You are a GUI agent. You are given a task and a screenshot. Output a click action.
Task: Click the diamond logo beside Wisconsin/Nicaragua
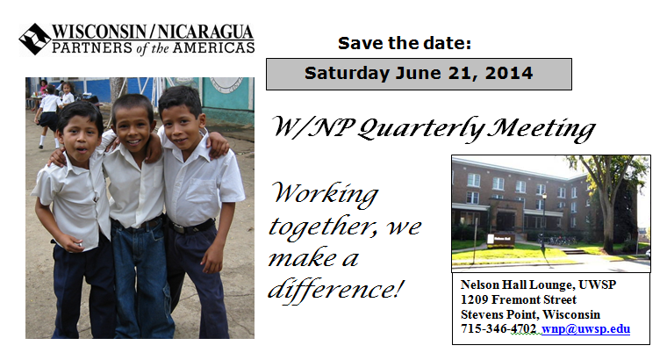click(35, 40)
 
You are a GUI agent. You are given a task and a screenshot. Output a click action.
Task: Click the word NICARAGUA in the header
click(206, 32)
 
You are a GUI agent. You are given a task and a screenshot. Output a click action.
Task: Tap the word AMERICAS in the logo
click(213, 47)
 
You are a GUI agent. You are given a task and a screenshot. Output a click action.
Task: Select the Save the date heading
click(405, 43)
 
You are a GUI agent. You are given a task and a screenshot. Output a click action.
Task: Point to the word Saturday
click(347, 74)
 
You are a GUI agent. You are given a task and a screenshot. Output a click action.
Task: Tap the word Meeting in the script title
click(541, 129)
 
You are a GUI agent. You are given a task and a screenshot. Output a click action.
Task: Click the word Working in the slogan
click(326, 194)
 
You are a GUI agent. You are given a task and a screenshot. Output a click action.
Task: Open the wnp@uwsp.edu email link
click(585, 329)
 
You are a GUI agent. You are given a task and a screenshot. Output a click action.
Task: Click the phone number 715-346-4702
click(498, 329)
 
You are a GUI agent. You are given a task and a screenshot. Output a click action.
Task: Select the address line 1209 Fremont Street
click(518, 299)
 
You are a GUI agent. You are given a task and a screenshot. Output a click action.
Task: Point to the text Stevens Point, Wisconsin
click(530, 314)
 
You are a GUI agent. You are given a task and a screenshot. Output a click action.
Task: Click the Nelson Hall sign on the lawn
click(501, 240)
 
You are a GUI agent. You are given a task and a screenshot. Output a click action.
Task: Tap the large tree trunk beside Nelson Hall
click(609, 221)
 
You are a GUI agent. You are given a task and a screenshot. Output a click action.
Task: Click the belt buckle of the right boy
click(179, 228)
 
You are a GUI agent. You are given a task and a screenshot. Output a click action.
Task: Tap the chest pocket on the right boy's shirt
click(202, 191)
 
